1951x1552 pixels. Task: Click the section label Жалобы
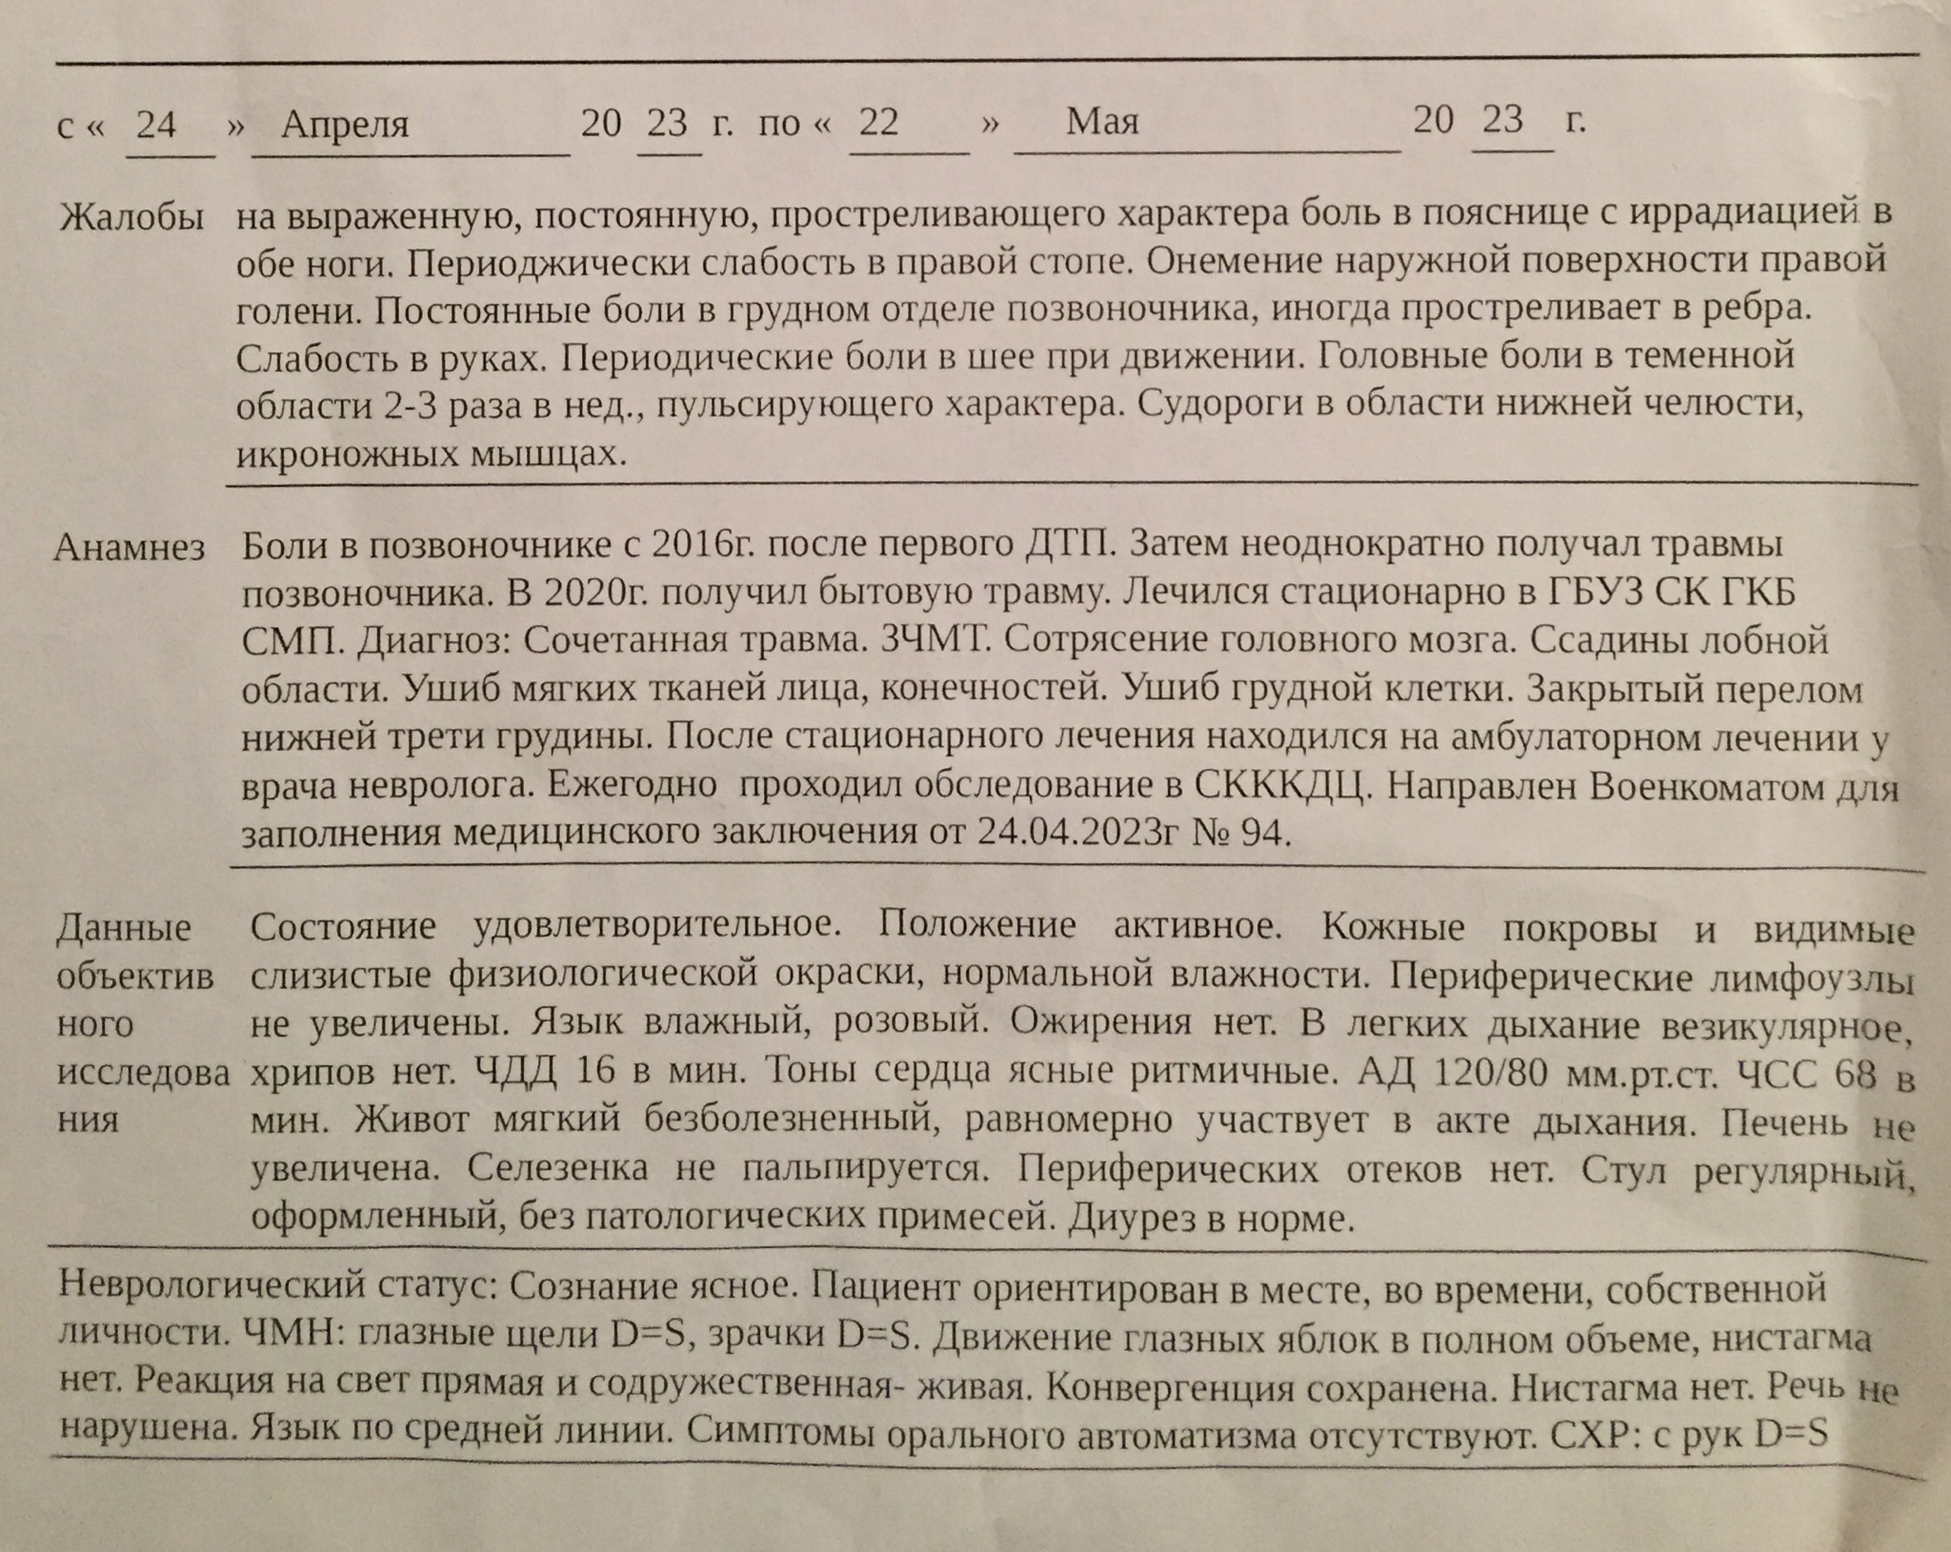coord(131,218)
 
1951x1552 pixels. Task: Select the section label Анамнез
coord(130,548)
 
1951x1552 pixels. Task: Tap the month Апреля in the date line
coord(345,125)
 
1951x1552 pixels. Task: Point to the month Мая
coord(1102,122)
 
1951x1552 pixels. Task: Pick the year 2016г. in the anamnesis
coord(702,545)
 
